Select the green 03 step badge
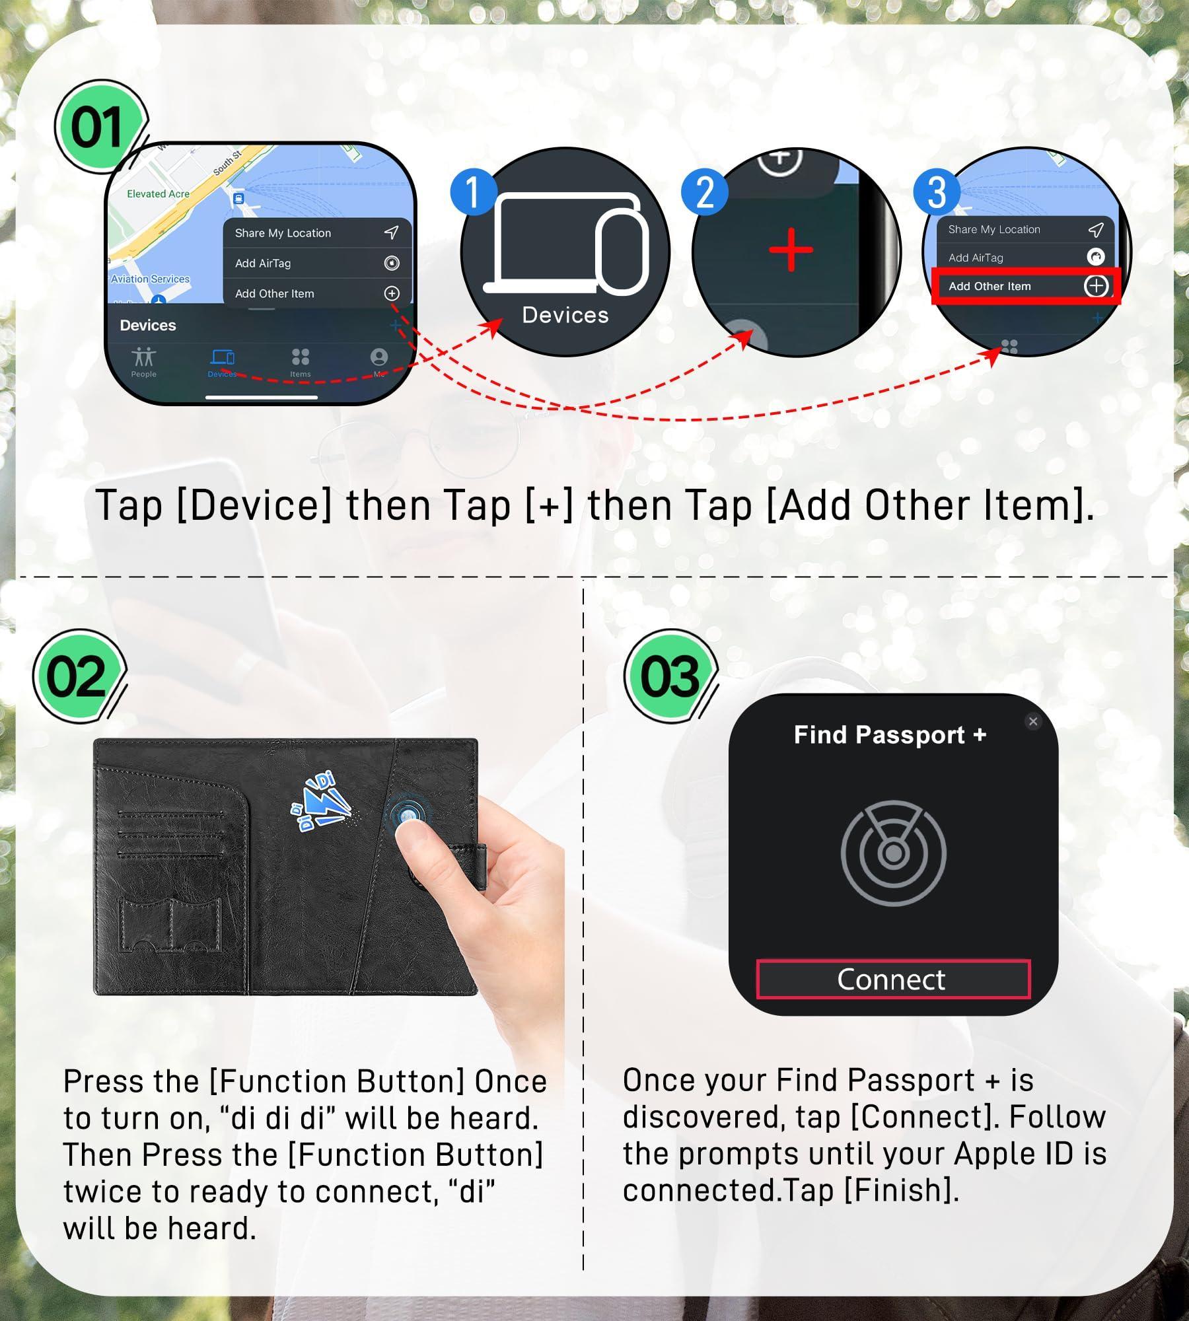tap(669, 676)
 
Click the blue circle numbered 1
tap(473, 192)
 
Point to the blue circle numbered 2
tap(704, 192)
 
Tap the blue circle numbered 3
tap(936, 192)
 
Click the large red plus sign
tap(791, 250)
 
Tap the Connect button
tap(893, 979)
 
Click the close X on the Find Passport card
tap(1033, 721)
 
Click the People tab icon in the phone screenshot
tap(143, 357)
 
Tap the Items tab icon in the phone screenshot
tap(301, 357)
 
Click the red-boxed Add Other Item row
tap(1026, 286)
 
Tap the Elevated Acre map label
tap(158, 194)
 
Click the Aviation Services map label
tap(151, 279)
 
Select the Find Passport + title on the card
tap(890, 734)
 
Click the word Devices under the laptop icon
tap(565, 315)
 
